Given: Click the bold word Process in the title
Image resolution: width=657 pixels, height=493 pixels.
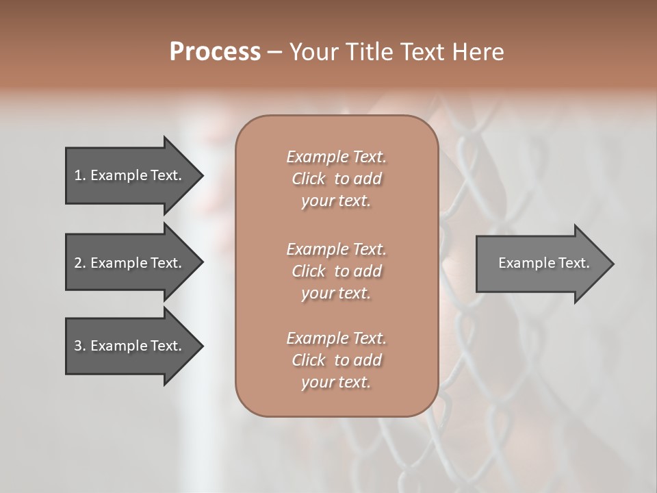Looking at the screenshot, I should (x=215, y=52).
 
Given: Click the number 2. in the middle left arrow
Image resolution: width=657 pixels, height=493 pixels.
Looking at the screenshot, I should (x=80, y=263).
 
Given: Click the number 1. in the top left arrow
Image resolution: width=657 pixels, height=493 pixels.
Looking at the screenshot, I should (x=80, y=175).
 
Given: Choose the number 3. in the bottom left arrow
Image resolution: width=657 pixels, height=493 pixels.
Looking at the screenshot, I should (x=80, y=346).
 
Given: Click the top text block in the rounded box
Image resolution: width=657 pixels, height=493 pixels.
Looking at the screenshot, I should (x=336, y=179).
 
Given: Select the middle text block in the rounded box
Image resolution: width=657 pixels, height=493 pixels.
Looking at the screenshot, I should (x=336, y=271).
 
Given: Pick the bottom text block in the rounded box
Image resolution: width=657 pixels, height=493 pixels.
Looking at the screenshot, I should (x=336, y=360).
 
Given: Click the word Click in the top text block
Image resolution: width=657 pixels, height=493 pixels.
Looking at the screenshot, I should (x=309, y=179).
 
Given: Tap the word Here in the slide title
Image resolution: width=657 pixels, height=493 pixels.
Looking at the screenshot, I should (x=479, y=52).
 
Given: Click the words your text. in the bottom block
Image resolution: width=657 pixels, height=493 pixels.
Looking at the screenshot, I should (x=336, y=382).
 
